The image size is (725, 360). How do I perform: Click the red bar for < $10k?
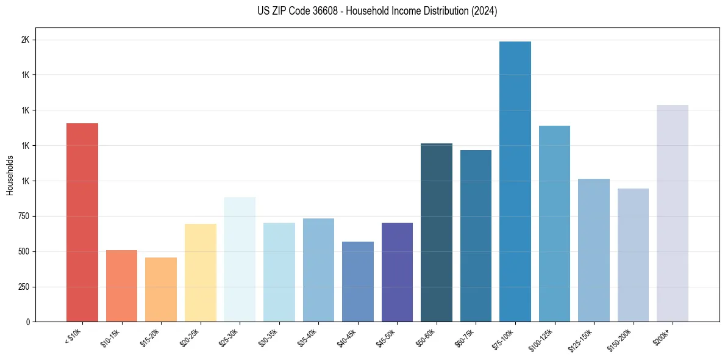point(82,222)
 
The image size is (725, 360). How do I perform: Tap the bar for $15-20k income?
point(161,289)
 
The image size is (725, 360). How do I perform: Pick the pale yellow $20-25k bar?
point(200,273)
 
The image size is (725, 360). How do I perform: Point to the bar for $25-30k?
point(240,259)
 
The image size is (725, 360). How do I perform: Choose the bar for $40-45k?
point(358,281)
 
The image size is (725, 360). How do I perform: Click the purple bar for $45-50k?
point(397,272)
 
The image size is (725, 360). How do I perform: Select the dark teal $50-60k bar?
point(437,232)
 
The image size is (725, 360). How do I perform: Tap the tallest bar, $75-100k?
point(515,181)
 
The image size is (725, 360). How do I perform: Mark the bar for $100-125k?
point(554,223)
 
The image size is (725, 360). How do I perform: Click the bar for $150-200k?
point(633,255)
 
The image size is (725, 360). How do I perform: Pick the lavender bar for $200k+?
point(673,213)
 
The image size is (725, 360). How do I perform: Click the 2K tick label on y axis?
point(24,40)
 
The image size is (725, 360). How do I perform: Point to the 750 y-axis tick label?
point(22,216)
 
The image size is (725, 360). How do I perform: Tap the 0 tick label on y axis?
point(27,322)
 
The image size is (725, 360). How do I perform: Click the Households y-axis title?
point(10,175)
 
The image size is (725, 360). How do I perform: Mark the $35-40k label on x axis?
point(307,336)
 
